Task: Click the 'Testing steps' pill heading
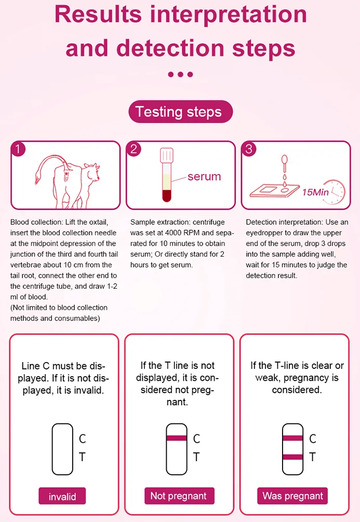click(x=180, y=112)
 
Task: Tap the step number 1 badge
click(x=18, y=150)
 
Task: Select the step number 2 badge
click(x=134, y=150)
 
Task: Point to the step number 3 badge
click(x=249, y=150)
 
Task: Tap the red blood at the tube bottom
click(x=166, y=196)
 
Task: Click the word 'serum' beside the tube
click(x=204, y=177)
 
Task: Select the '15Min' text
click(x=315, y=192)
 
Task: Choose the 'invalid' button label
click(x=62, y=497)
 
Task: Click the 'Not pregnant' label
click(x=178, y=496)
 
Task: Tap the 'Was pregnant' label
click(x=292, y=496)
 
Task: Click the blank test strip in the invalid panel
click(x=62, y=449)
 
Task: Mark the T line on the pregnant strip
click(x=292, y=457)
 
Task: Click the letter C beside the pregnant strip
click(x=312, y=439)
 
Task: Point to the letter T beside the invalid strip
click(x=82, y=457)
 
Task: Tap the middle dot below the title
click(x=180, y=74)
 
